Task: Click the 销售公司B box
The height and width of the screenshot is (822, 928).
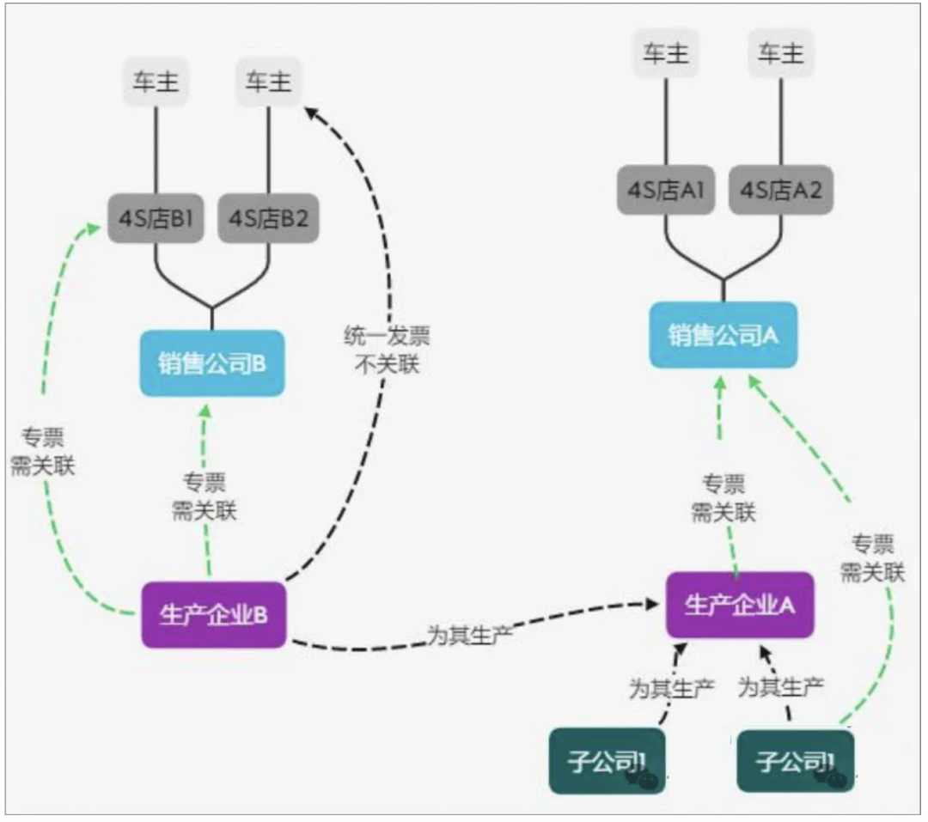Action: pos(211,363)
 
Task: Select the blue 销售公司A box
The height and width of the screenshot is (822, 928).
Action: pos(723,335)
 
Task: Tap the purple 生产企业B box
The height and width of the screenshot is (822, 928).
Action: pos(212,615)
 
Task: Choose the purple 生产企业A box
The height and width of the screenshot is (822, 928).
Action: pos(739,605)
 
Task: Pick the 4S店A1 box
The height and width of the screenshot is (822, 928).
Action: pos(665,190)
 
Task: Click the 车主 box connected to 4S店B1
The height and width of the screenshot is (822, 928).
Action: pos(156,82)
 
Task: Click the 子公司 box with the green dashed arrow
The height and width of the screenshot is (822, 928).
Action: pos(795,761)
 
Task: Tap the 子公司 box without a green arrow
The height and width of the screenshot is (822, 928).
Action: pos(607,761)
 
